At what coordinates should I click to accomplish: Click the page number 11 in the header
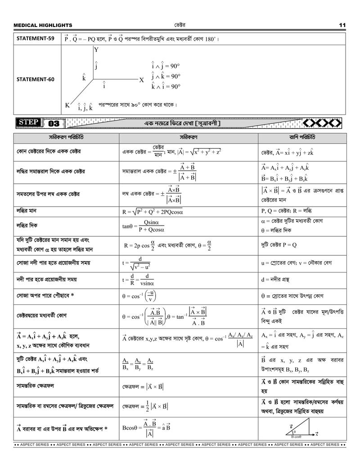pos(342,25)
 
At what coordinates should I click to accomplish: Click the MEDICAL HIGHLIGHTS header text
pos(43,26)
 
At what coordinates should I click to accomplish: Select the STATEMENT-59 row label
pos(36,39)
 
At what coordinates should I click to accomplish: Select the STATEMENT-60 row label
pos(36,79)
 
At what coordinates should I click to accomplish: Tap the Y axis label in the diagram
pos(96,50)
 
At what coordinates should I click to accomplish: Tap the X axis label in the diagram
pos(142,80)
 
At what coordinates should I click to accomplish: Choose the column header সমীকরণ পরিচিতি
pos(66,137)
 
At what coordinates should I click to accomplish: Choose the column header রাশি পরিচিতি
pos(302,137)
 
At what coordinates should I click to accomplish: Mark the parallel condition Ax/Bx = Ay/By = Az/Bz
pos(138,364)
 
